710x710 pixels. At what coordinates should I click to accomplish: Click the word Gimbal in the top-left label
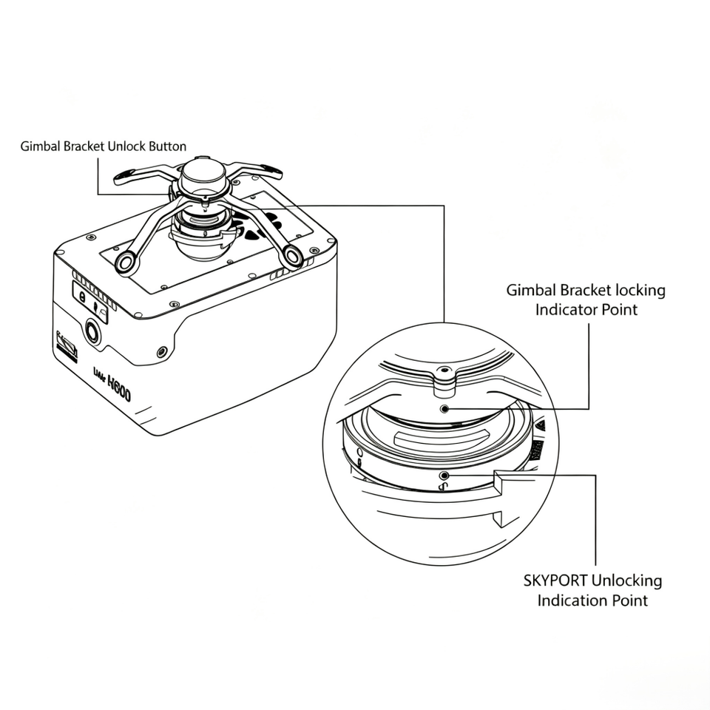[41, 146]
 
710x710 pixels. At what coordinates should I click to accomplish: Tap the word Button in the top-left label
[168, 146]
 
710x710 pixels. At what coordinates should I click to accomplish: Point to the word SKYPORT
[555, 581]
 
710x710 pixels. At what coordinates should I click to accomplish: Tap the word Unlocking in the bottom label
[626, 581]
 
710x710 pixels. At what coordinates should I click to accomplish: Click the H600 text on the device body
[119, 388]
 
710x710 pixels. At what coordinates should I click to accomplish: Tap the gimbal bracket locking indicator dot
[444, 409]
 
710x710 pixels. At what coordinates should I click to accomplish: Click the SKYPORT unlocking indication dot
[444, 476]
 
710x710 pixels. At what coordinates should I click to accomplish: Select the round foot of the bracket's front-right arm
[293, 257]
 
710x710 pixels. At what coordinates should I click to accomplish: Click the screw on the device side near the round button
[162, 352]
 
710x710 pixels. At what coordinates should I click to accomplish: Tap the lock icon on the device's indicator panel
[82, 297]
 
